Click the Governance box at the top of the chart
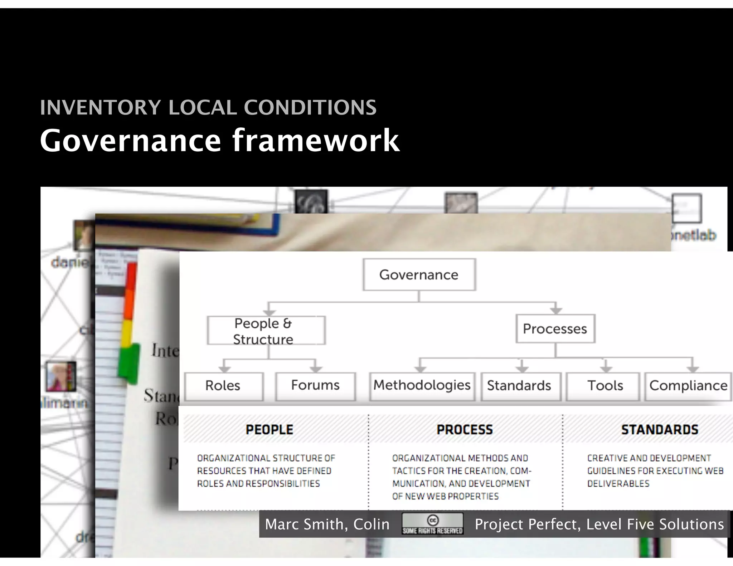419,275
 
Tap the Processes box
555,329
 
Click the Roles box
223,386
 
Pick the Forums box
315,385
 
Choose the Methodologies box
422,385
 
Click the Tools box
605,386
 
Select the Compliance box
688,386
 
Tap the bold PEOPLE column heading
269,430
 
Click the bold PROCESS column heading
465,430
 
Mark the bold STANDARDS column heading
659,430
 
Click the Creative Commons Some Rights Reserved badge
432,524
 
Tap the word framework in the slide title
316,141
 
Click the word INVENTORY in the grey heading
101,107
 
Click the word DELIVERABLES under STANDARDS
618,484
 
